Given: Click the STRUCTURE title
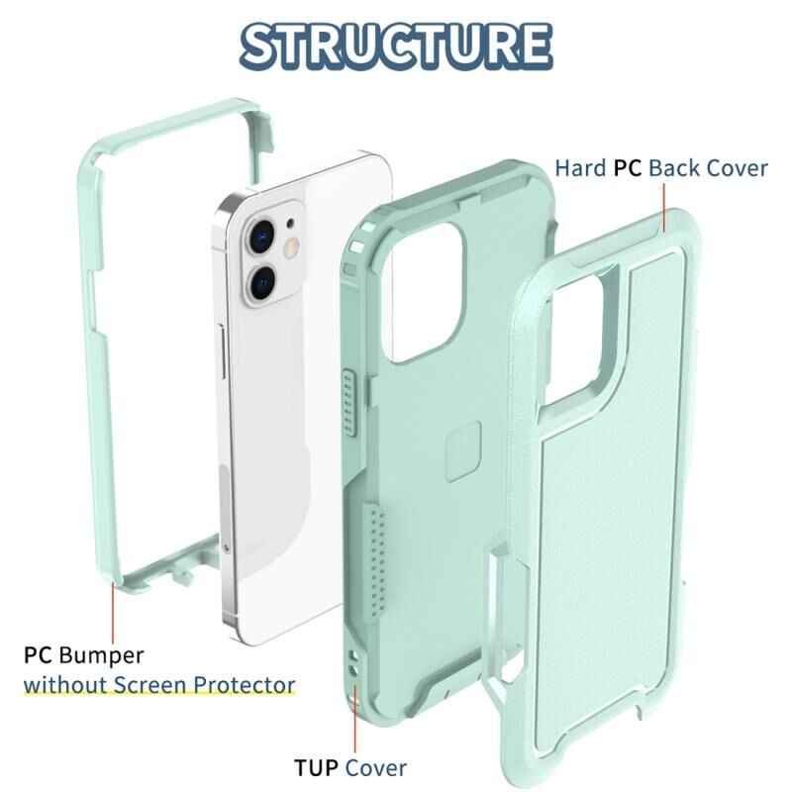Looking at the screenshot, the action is pyautogui.click(x=396, y=46).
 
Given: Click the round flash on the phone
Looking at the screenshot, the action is pyautogui.click(x=291, y=247).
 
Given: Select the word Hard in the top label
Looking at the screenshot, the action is pyautogui.click(x=580, y=168).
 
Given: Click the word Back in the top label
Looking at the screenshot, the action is pyautogui.click(x=674, y=168).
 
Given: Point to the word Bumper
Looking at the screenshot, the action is pyautogui.click(x=101, y=656).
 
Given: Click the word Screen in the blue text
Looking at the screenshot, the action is pyautogui.click(x=150, y=685).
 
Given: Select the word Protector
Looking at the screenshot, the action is pyautogui.click(x=245, y=685).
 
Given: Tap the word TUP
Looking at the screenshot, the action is pyautogui.click(x=316, y=768).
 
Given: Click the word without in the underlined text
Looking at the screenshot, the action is pyautogui.click(x=65, y=685).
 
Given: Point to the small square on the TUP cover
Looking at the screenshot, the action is pyautogui.click(x=462, y=451).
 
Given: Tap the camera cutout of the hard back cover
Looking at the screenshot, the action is pyautogui.click(x=574, y=339).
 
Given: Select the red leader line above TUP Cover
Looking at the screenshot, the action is pyautogui.click(x=355, y=719).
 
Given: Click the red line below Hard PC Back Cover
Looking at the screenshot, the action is pyautogui.click(x=664, y=208).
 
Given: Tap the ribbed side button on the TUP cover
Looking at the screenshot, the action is pyautogui.click(x=349, y=402).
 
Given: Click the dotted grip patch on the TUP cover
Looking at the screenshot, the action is pyautogui.click(x=375, y=560).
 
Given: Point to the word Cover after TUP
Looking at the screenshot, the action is pyautogui.click(x=376, y=768).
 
